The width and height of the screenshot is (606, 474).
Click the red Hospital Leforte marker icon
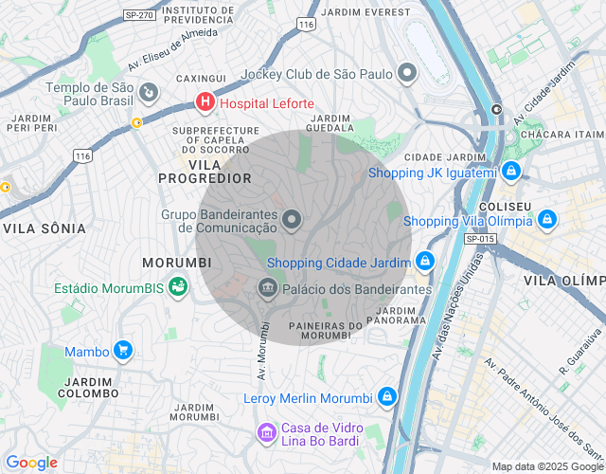coord(205,101)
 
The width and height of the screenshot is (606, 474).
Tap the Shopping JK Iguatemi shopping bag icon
coord(511,172)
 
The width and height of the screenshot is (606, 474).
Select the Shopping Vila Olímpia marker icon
coord(546,220)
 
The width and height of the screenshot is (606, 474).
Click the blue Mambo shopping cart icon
coord(122,351)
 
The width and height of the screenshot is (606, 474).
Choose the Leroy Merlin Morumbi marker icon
coord(386,397)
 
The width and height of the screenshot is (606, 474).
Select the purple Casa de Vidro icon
coord(268,433)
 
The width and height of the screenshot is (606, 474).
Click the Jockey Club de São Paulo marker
coord(407,73)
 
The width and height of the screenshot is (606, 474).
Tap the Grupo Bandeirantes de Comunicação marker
coord(292,221)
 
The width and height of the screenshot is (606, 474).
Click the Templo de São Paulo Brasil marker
coord(149,93)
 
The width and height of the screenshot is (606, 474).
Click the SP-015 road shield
coord(480,239)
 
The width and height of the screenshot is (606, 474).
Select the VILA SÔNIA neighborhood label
coord(45,228)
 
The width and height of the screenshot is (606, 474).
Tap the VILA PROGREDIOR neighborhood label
coord(205,172)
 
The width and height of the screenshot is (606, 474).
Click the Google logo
coord(31,463)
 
